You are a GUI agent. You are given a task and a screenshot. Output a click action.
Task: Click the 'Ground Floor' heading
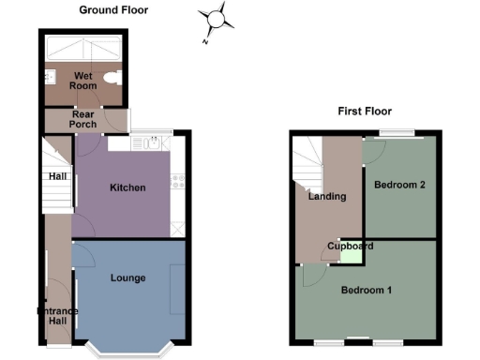[113, 10]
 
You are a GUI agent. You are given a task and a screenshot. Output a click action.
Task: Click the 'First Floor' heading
[365, 112]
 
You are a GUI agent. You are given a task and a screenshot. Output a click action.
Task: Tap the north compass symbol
[216, 20]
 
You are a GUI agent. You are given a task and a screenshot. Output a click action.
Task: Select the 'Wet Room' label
[62, 80]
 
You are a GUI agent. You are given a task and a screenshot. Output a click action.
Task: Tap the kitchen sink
[152, 143]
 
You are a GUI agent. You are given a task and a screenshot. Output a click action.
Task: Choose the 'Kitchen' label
[127, 187]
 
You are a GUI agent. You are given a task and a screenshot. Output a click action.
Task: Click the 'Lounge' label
[127, 277]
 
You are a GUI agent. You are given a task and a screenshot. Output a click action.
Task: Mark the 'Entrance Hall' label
[57, 316]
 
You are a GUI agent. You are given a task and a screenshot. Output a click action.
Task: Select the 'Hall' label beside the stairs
[58, 175]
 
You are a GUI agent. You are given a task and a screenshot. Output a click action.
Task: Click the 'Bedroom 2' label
[400, 185]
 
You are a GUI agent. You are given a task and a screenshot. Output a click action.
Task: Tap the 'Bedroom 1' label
[366, 290]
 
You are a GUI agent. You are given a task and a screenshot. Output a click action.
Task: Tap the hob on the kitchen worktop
[176, 181]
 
